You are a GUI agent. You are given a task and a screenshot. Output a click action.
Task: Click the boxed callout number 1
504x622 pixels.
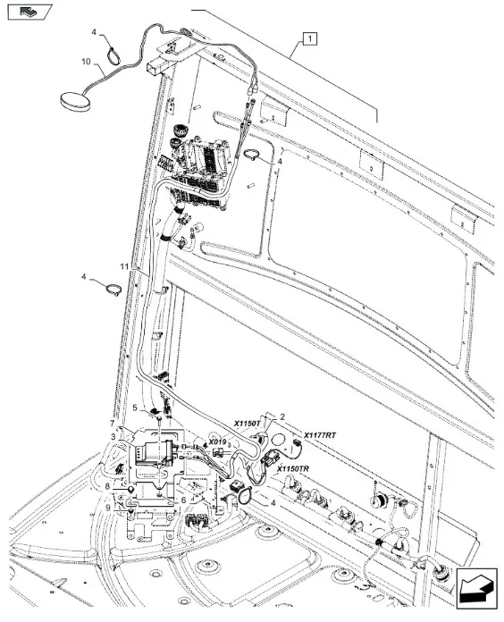point(310,39)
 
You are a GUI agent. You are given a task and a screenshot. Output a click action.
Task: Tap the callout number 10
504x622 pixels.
point(86,62)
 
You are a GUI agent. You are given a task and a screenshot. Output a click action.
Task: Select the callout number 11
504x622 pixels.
point(124,266)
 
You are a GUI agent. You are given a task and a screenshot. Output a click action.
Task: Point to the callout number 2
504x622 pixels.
point(282,416)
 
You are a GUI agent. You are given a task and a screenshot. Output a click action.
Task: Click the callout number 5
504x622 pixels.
point(135,408)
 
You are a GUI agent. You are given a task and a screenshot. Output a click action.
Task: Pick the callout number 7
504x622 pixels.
point(113,424)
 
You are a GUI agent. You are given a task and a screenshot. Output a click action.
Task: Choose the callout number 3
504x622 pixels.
point(113,437)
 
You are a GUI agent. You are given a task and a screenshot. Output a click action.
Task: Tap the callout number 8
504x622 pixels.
point(107,486)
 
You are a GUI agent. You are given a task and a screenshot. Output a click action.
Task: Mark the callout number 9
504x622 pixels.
point(108,507)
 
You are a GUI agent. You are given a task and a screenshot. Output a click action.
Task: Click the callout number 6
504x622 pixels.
point(183,500)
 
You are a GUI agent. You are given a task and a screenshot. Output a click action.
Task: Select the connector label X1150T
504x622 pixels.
point(247,424)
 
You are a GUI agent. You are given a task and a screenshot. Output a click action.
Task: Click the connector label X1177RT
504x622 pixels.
point(320,435)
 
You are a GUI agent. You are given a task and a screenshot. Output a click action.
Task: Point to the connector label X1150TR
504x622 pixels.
point(293,469)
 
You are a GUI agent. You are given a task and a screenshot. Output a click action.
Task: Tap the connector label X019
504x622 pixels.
point(217,441)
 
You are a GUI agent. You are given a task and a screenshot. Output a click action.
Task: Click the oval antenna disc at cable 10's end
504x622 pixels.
point(75,100)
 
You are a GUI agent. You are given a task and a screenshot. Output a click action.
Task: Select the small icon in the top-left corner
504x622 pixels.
point(30,12)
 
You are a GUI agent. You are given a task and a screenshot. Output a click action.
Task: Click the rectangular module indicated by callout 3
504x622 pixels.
point(155,453)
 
